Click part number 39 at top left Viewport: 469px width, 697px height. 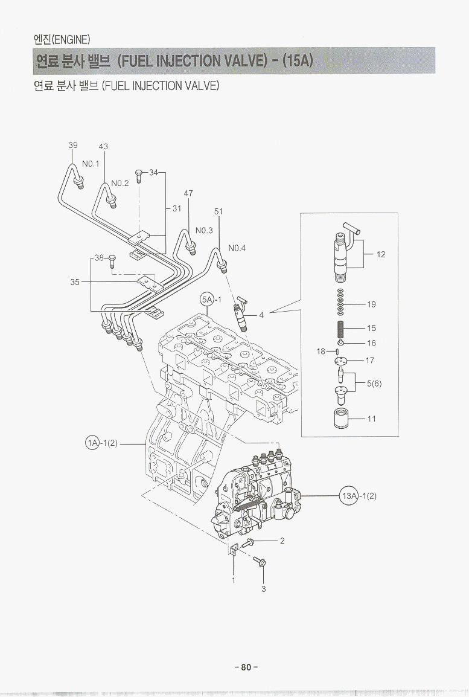[x=72, y=146]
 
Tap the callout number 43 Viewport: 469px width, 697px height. [x=103, y=147]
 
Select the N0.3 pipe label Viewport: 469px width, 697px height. [x=204, y=230]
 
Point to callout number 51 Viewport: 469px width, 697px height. [x=219, y=211]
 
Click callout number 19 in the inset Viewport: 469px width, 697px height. [x=371, y=304]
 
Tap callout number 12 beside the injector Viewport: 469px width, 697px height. [x=381, y=254]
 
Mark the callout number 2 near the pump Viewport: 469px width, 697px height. [x=282, y=541]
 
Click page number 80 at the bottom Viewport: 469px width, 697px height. [x=246, y=667]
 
